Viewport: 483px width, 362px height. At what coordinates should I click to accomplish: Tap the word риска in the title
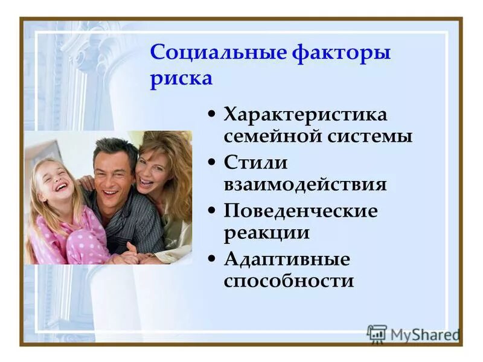click(x=181, y=79)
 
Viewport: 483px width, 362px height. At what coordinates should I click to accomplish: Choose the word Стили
click(x=255, y=162)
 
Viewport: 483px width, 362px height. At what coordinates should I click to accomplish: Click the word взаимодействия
click(x=305, y=184)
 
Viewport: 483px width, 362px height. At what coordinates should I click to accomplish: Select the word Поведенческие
click(x=301, y=211)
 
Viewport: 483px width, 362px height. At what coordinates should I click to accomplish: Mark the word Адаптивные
click(x=287, y=259)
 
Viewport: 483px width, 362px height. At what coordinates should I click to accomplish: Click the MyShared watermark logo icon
click(x=377, y=334)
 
